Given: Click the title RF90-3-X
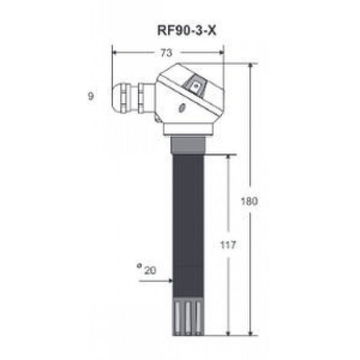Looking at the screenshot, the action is tap(187, 31).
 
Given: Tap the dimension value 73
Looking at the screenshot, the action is tap(166, 53).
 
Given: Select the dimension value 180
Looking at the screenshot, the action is tap(249, 201).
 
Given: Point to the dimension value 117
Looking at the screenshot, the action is tap(228, 245).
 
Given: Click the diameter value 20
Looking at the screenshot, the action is tap(150, 270).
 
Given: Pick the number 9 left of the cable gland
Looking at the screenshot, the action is tap(91, 96).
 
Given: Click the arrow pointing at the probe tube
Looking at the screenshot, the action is tap(156, 281).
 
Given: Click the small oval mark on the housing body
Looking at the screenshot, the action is tap(182, 108).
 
